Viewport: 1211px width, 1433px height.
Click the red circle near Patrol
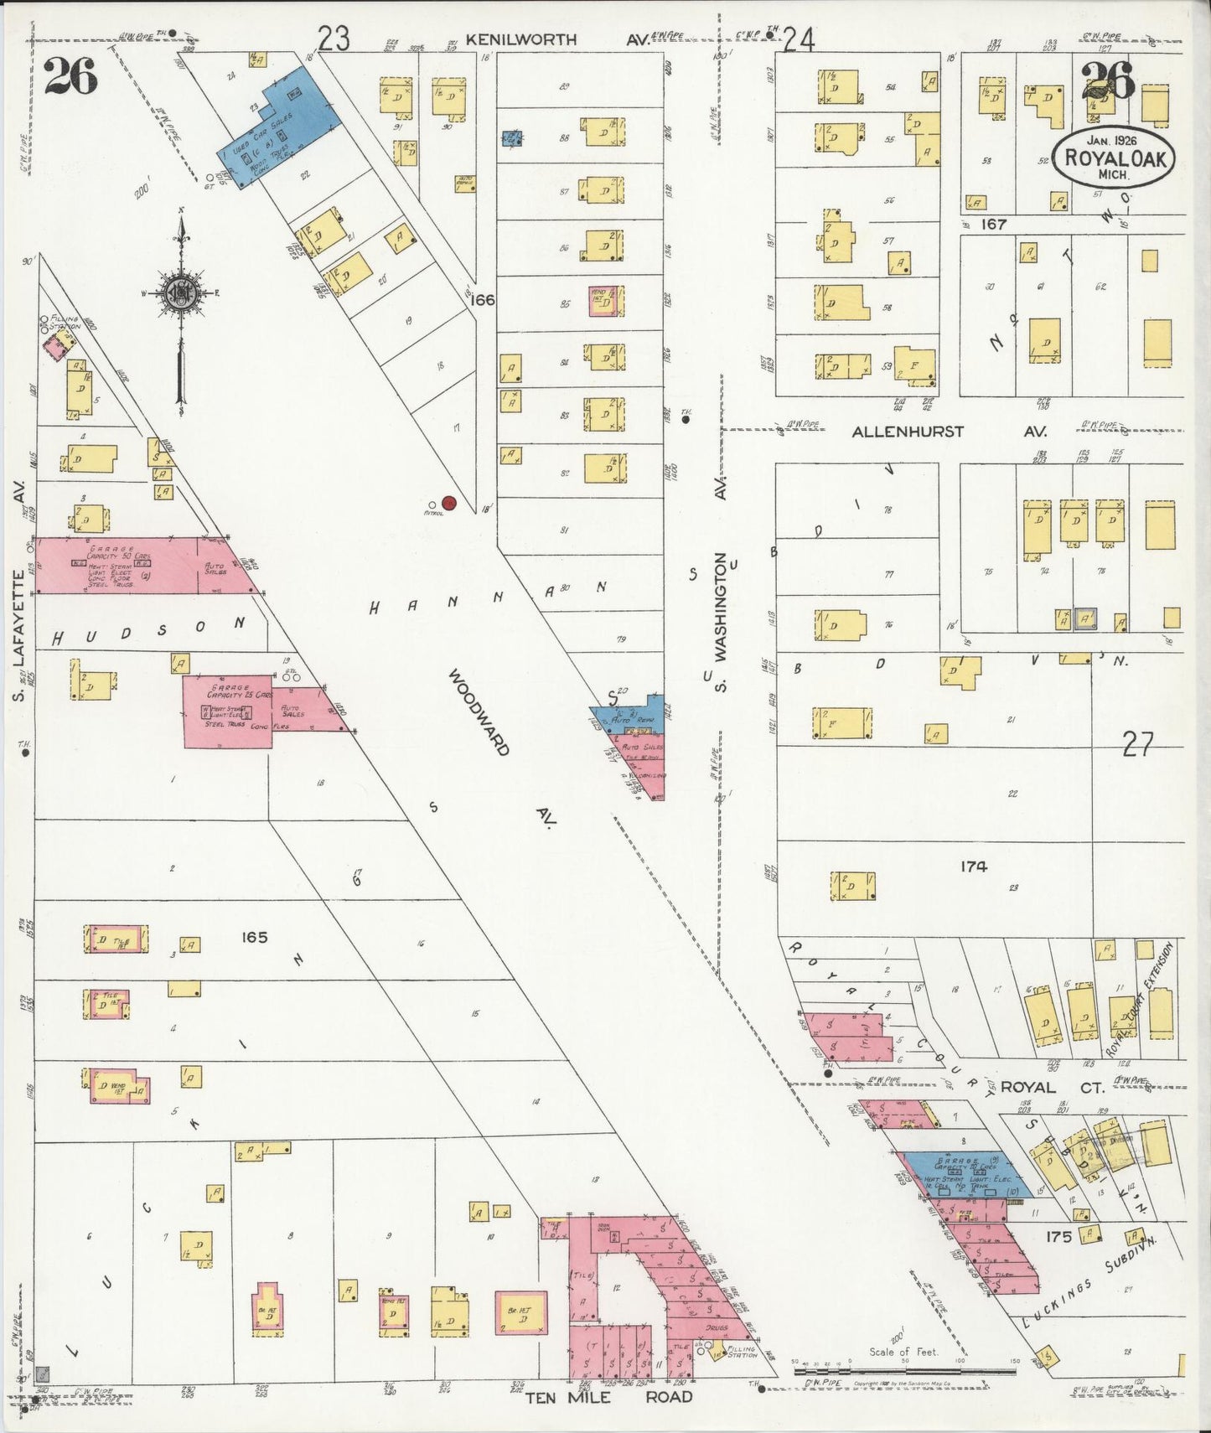click(x=449, y=503)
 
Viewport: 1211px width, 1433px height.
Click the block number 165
click(x=254, y=937)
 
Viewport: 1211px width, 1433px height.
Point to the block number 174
click(x=974, y=867)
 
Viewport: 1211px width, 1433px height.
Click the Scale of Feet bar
click(x=905, y=1371)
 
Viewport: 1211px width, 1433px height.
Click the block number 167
click(x=994, y=225)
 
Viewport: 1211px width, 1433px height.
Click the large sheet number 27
click(x=1137, y=744)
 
